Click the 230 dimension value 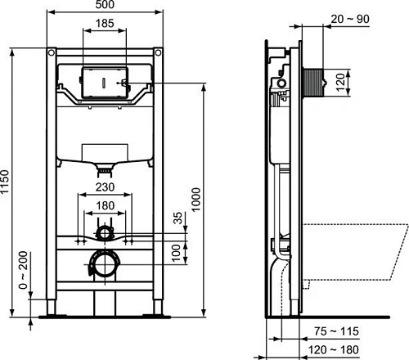click(104, 187)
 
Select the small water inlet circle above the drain click(105, 232)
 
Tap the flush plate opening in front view click(105, 83)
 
